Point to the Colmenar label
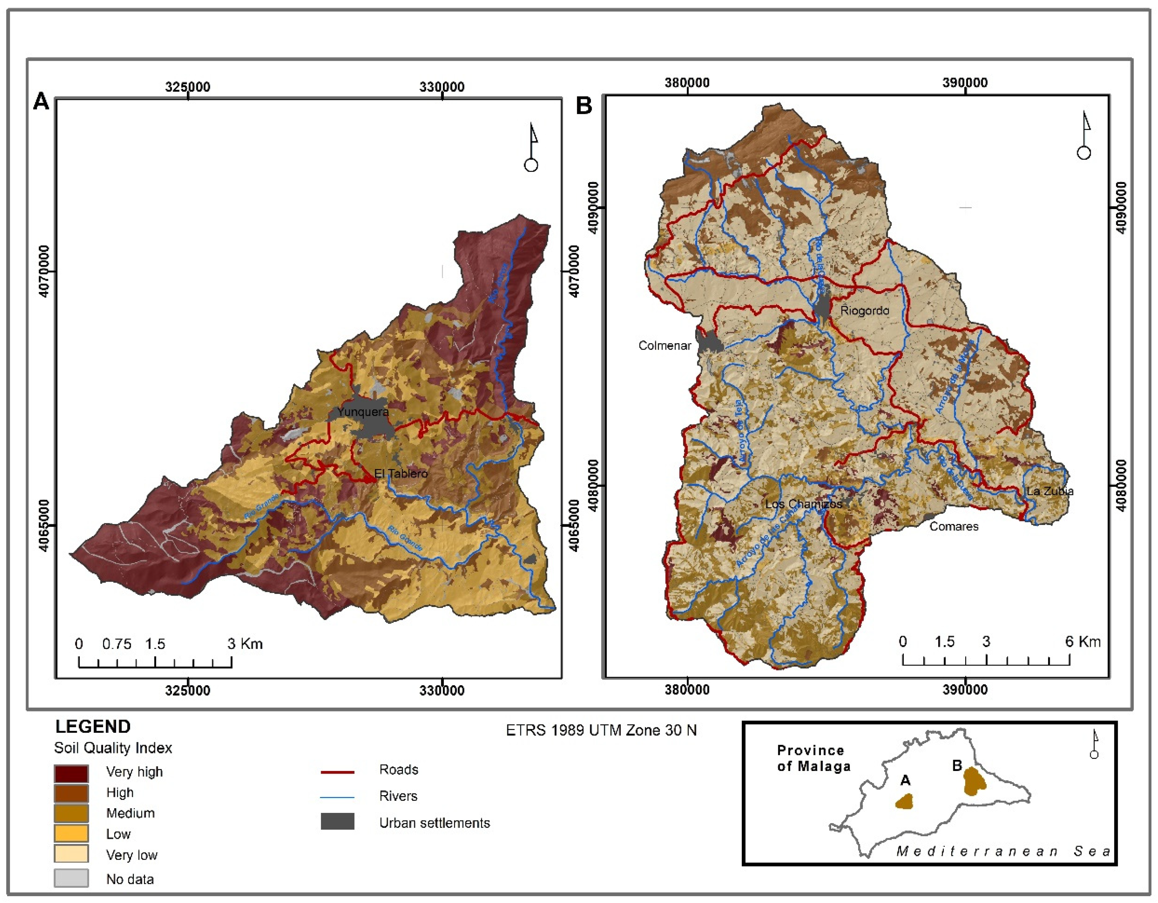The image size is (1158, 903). (664, 346)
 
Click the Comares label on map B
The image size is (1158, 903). (954, 526)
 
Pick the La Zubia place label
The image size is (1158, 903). (1050, 491)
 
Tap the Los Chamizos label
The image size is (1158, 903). (803, 504)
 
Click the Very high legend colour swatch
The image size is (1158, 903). (71, 773)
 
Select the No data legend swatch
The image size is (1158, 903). (71, 878)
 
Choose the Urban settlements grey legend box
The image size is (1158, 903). (337, 822)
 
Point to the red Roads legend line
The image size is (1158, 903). (337, 772)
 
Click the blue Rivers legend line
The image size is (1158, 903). (337, 797)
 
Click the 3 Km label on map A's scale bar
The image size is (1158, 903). (245, 644)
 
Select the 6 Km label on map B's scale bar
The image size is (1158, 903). (1083, 642)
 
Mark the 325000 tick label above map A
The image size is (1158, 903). (187, 87)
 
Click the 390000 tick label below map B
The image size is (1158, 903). (965, 690)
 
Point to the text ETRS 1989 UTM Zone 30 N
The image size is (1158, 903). (601, 731)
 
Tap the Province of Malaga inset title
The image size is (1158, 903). (813, 758)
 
